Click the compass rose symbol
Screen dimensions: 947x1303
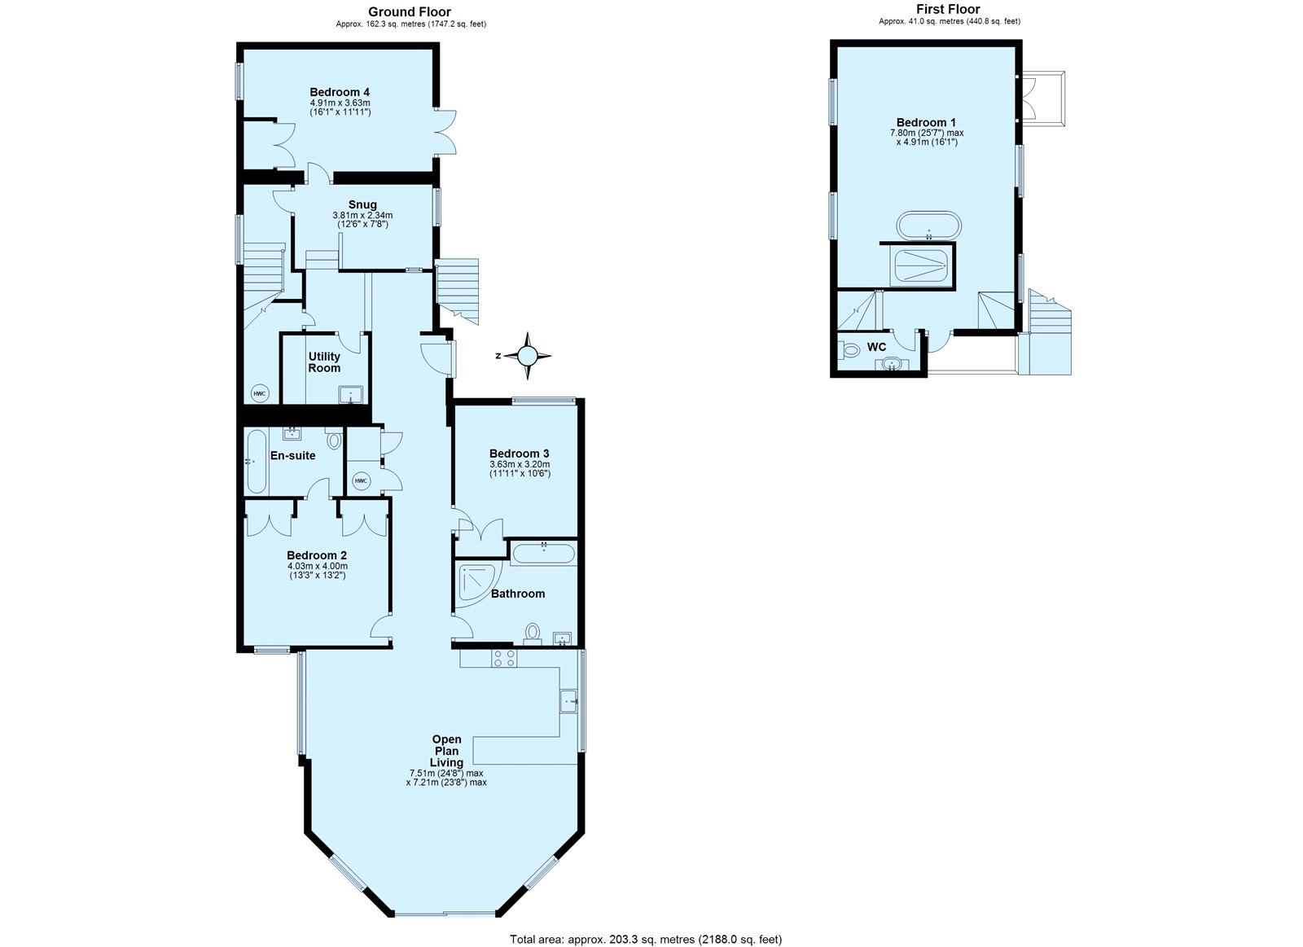(x=528, y=356)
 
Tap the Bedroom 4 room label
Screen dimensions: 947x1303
(x=340, y=92)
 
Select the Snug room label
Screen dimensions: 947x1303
(x=362, y=204)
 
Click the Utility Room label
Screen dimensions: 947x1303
(x=324, y=362)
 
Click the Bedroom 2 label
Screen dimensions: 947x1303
(x=317, y=556)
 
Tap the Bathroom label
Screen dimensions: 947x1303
(x=517, y=594)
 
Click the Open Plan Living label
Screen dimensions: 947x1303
(x=446, y=751)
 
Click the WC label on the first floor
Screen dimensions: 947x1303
(x=876, y=347)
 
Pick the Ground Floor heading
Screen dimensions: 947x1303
(x=410, y=11)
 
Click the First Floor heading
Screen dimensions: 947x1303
(x=949, y=9)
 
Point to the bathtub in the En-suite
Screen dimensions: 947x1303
(x=254, y=462)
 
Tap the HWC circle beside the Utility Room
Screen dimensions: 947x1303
(x=259, y=393)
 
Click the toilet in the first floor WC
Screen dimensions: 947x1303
(x=850, y=351)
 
